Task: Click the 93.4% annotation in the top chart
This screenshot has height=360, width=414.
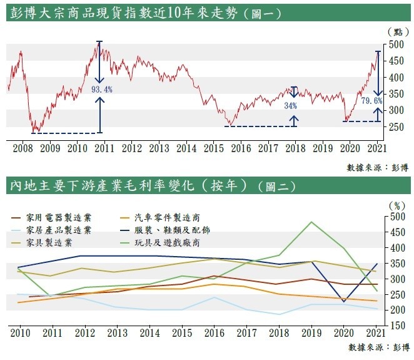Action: (x=102, y=90)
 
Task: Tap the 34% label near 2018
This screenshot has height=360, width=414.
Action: (x=291, y=106)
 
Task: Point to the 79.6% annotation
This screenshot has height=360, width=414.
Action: (x=372, y=100)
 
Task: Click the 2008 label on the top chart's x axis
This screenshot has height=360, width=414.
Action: (x=23, y=148)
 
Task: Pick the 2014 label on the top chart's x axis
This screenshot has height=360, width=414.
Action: (x=186, y=148)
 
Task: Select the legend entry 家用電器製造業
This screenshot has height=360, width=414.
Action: (x=59, y=217)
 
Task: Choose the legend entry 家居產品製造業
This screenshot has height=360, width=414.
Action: (x=59, y=230)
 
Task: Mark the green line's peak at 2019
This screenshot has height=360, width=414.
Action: (x=311, y=222)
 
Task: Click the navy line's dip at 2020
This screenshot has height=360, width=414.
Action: (x=344, y=302)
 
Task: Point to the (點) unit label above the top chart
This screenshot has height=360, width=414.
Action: (x=395, y=31)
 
